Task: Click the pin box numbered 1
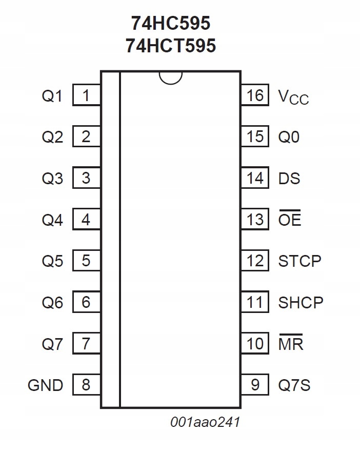(x=86, y=95)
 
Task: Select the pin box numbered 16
(x=255, y=95)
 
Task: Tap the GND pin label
(x=46, y=385)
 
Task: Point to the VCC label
(x=293, y=96)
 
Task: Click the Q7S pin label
(x=294, y=385)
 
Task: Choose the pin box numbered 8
(x=86, y=385)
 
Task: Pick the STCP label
(x=300, y=261)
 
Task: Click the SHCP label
(x=301, y=302)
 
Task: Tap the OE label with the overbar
(x=290, y=220)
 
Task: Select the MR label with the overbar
(x=291, y=343)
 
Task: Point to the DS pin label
(x=289, y=179)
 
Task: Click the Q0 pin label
(x=289, y=137)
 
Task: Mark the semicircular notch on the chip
(x=170, y=77)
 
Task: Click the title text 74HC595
(x=170, y=23)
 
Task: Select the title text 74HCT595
(x=170, y=46)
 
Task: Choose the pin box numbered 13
(x=255, y=220)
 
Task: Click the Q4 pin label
(x=52, y=220)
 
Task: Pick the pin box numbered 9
(x=255, y=385)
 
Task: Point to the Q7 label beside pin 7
(x=52, y=343)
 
